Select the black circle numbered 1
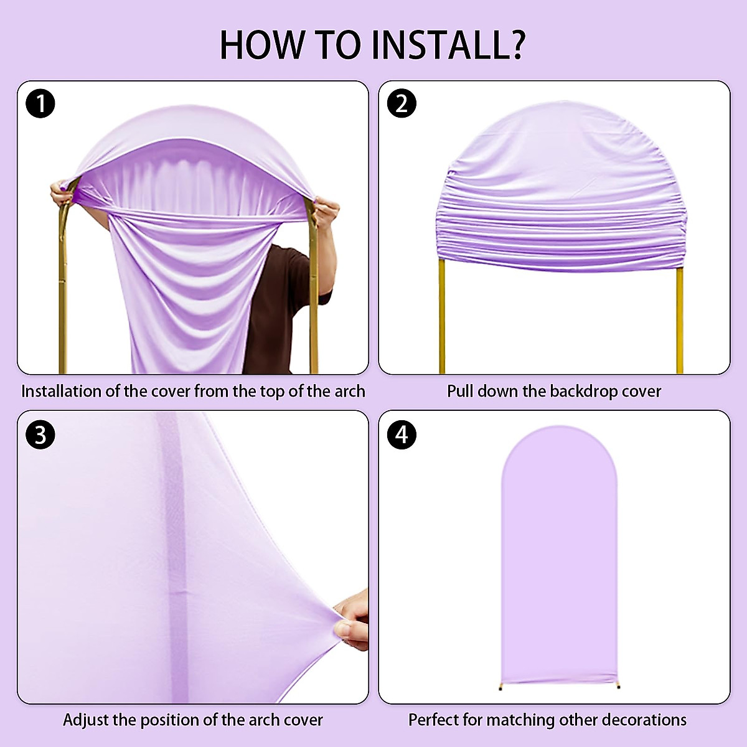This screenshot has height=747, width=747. pos(40,103)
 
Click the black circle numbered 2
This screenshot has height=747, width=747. pos(402,103)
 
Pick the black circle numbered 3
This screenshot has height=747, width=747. pos(40,435)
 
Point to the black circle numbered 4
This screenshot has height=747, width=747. pos(402,435)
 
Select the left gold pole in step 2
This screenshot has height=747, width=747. pos(442,317)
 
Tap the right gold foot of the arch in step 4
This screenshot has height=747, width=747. pos(618,686)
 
